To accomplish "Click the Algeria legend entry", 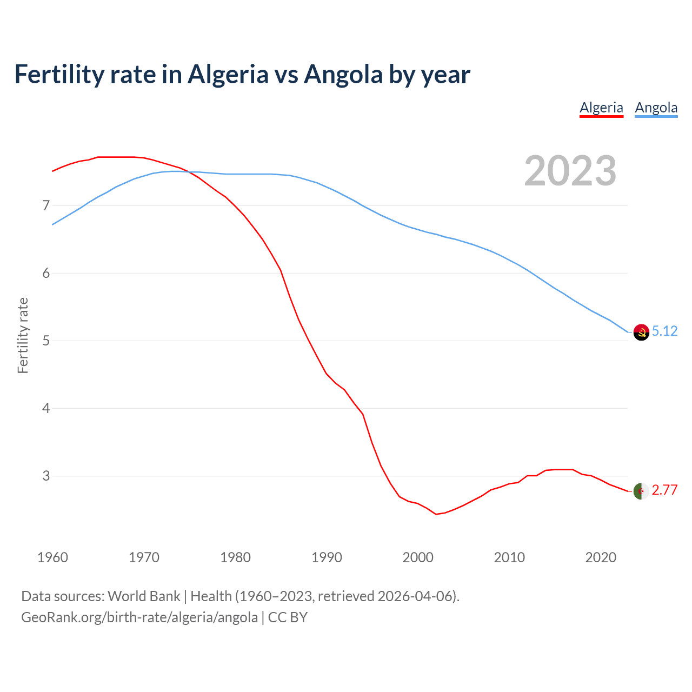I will [x=601, y=108].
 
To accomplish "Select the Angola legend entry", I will [x=656, y=108].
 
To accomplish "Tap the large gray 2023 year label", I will [x=570, y=171].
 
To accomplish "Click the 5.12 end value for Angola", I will [x=664, y=331].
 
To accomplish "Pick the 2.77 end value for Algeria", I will [x=664, y=490].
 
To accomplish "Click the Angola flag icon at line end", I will [x=641, y=332].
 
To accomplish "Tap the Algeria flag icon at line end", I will [x=641, y=491].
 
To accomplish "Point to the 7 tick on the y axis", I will [x=46, y=205].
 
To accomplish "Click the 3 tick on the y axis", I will [x=46, y=476].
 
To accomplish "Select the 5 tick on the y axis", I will [x=46, y=341].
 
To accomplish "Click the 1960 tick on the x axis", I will [x=52, y=557].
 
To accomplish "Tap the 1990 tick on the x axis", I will [x=327, y=557].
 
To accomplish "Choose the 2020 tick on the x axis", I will [x=601, y=557].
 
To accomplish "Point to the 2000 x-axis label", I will [x=418, y=557].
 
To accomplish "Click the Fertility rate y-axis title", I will [x=23, y=335].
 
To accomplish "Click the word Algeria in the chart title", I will [x=228, y=74].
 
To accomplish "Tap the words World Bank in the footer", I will [x=144, y=596].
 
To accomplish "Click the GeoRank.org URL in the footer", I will [x=139, y=617].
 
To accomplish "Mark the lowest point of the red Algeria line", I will [x=436, y=514].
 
